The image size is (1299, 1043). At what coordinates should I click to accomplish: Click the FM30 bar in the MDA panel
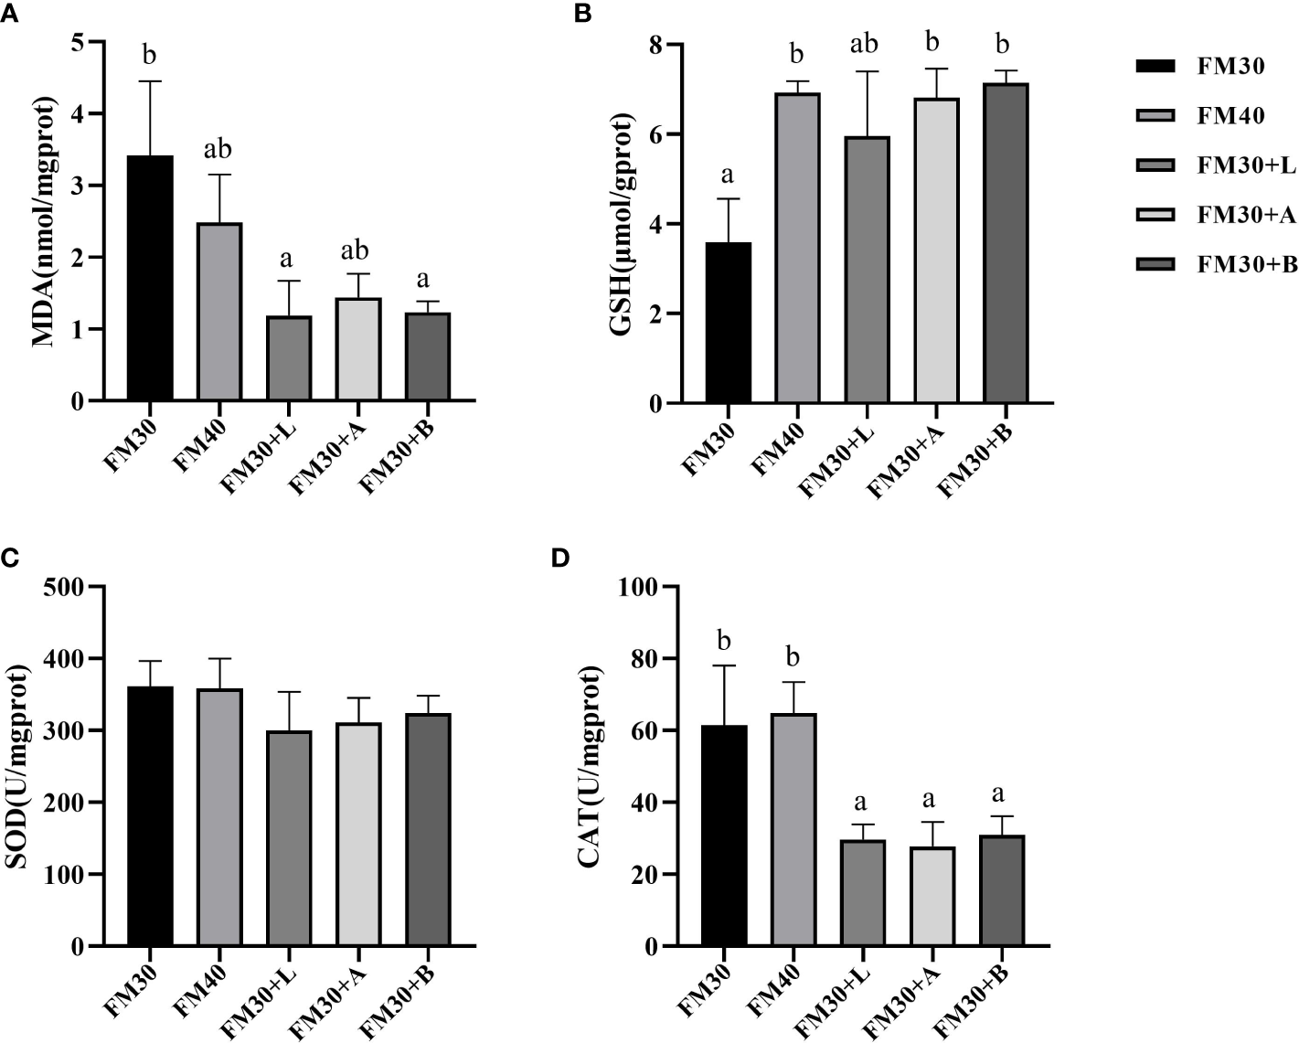tap(150, 278)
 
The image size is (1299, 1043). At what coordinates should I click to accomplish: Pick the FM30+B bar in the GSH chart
tap(1006, 242)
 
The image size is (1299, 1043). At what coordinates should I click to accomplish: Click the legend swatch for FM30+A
tap(1159, 215)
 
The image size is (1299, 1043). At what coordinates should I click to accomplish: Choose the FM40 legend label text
tap(1231, 116)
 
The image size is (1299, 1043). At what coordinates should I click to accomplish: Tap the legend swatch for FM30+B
tap(1159, 265)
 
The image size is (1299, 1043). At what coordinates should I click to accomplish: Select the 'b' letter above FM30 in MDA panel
tap(150, 55)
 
